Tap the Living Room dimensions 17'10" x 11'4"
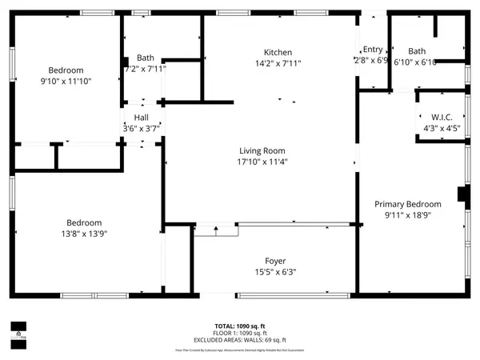262,162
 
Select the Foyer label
275,261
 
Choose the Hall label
141,117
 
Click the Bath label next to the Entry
417,51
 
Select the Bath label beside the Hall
145,58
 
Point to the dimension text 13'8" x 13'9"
84,234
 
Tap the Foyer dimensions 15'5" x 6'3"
275,272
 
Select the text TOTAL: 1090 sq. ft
240,326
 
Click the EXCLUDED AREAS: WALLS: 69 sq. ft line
240,340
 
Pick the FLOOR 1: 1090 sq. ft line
240,333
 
